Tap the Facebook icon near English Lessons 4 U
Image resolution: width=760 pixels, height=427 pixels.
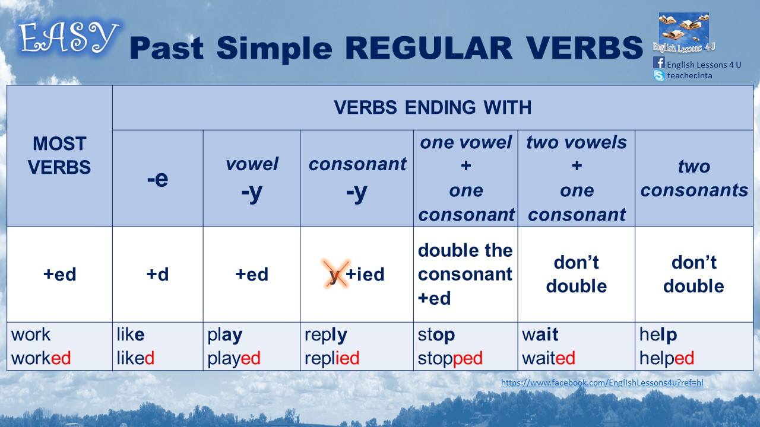(x=658, y=63)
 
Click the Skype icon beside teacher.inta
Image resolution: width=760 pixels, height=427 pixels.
(x=658, y=75)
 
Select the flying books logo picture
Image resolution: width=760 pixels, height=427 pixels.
(x=683, y=33)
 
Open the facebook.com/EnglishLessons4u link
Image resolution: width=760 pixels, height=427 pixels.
(x=602, y=383)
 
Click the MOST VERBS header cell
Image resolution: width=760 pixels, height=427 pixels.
(x=59, y=155)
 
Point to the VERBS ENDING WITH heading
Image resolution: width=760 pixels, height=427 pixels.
(x=433, y=107)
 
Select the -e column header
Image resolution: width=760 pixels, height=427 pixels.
(x=158, y=179)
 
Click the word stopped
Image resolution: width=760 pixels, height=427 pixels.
(x=450, y=359)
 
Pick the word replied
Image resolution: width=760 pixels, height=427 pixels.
(x=332, y=358)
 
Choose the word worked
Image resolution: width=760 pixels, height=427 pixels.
(x=41, y=358)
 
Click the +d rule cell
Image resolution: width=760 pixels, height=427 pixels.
(x=158, y=274)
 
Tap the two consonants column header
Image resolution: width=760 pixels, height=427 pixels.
(x=694, y=179)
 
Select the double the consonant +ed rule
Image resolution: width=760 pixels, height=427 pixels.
(x=465, y=274)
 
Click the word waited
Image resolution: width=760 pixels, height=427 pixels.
(x=548, y=358)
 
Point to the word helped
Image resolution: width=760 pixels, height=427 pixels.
(x=667, y=359)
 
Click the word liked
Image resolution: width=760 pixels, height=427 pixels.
(x=135, y=358)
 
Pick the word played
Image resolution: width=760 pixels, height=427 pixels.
(x=234, y=359)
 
